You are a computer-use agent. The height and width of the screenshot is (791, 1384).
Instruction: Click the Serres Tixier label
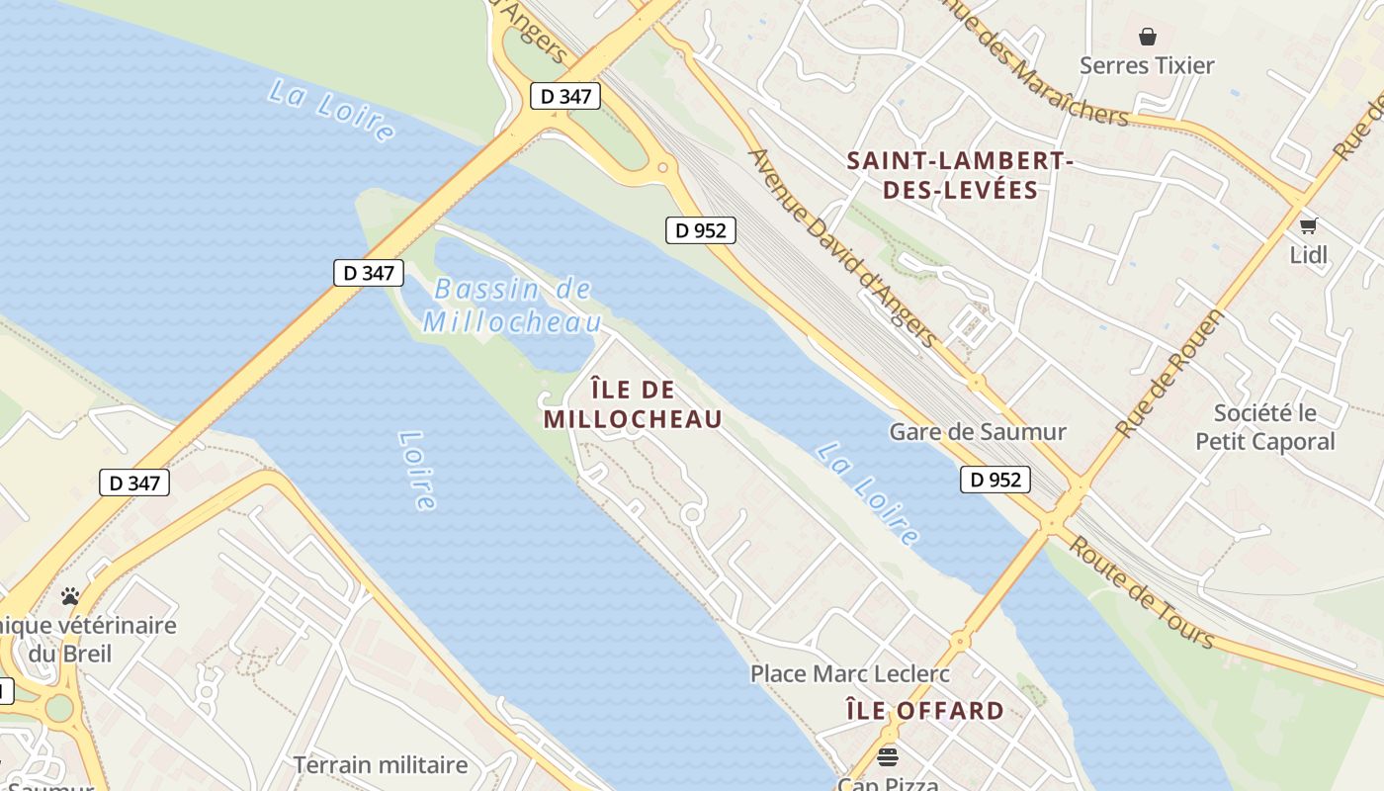coord(1147,66)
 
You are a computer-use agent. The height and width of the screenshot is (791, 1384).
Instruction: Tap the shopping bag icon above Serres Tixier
coord(1148,37)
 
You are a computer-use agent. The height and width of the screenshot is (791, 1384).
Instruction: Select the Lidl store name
coord(1308,255)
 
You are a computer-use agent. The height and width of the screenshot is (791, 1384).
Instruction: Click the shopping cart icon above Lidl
coord(1309,225)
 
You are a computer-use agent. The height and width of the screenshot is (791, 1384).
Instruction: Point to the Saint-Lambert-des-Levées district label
coord(960,175)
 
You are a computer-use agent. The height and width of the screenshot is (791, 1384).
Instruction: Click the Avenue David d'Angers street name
coord(843,248)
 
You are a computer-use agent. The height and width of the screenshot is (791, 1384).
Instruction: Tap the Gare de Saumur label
coord(978,432)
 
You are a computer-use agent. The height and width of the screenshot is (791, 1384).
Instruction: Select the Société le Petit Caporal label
coord(1265,427)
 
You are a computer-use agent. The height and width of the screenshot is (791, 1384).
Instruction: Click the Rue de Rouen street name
coord(1170,374)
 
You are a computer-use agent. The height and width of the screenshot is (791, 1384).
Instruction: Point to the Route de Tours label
coord(1141,592)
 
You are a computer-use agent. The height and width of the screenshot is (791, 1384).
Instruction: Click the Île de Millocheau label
coord(633,404)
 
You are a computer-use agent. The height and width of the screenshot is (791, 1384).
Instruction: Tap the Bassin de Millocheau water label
coord(512,306)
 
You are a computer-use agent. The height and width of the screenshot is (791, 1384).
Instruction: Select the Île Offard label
coord(925,711)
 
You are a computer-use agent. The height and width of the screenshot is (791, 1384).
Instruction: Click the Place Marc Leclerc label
coord(850,674)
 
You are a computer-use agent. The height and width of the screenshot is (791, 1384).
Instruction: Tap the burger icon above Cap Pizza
coord(888,757)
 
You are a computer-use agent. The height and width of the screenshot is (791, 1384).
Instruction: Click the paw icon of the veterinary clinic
coord(69,596)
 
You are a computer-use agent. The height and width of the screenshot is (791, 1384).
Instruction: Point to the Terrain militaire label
coord(381,764)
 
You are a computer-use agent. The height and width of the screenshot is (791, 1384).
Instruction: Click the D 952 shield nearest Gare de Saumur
coord(995,480)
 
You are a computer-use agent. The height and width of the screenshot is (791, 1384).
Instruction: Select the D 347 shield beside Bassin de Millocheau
coord(369,273)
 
